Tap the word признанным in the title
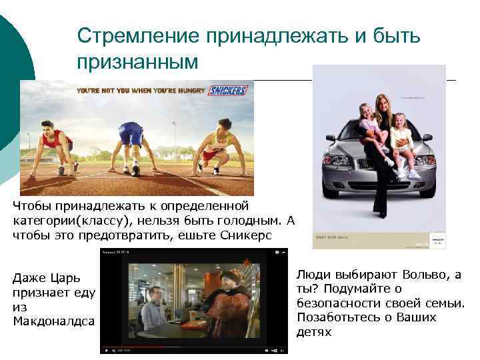(x=137, y=62)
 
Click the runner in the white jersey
(x=217, y=143)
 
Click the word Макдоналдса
(x=53, y=321)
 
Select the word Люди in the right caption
(x=312, y=275)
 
